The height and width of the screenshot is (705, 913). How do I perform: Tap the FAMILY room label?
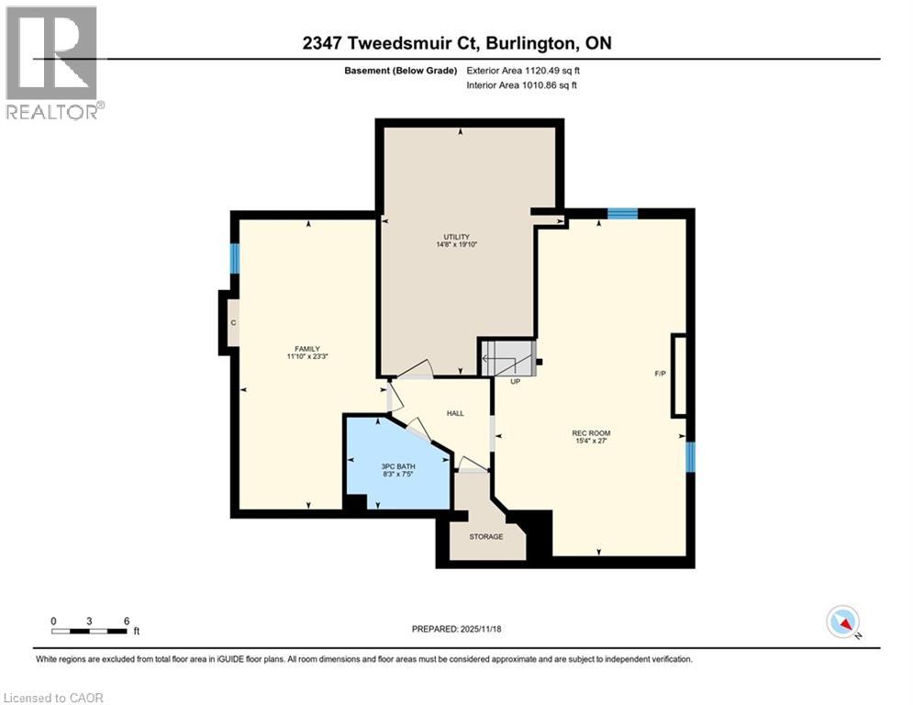click(x=306, y=348)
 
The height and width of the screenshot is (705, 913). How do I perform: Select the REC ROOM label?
click(x=591, y=433)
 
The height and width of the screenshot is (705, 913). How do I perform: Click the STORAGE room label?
click(x=486, y=536)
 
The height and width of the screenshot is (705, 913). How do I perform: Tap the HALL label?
click(x=455, y=413)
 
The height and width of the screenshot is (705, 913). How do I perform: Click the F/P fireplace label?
click(x=660, y=374)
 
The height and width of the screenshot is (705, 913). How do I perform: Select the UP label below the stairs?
click(x=515, y=381)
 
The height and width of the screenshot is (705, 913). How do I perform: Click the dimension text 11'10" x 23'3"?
click(x=306, y=356)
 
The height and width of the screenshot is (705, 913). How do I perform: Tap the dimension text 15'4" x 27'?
click(x=591, y=442)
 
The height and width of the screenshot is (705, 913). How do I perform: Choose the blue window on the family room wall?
click(x=235, y=258)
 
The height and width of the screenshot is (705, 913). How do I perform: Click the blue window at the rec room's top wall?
click(x=622, y=214)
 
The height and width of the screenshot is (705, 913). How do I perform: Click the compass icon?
click(x=841, y=621)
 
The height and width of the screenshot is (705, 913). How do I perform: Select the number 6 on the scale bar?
click(x=126, y=620)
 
